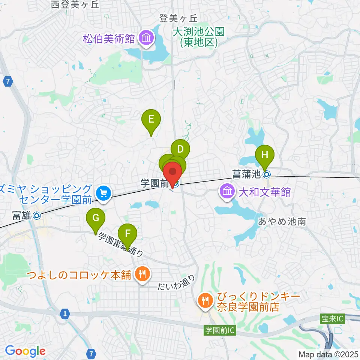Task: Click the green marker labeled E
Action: click(x=151, y=120)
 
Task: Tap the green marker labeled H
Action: click(x=265, y=154)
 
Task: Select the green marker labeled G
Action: click(x=96, y=217)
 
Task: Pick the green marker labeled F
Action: click(x=128, y=234)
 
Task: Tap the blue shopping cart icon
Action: click(x=103, y=193)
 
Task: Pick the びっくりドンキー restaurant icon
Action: click(x=205, y=300)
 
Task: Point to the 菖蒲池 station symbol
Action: click(x=266, y=174)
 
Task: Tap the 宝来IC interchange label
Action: click(x=332, y=319)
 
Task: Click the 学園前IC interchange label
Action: click(x=219, y=331)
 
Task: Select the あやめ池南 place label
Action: click(x=282, y=222)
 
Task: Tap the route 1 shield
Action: click(x=65, y=313)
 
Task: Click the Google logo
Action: click(x=25, y=351)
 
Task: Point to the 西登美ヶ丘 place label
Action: click(x=75, y=4)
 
